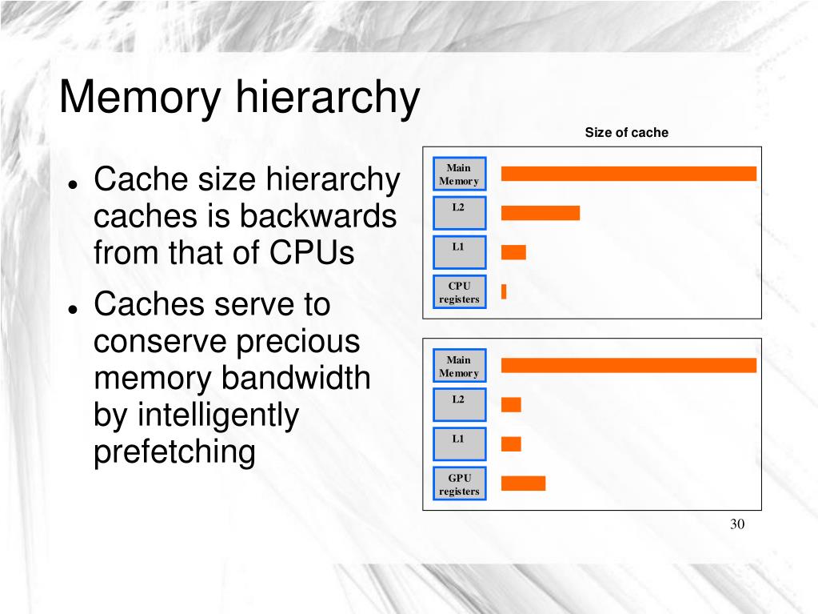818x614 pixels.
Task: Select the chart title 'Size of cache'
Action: [626, 133]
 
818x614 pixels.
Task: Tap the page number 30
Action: [736, 524]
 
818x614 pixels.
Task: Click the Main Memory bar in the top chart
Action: [628, 174]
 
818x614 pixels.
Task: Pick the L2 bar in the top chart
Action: [540, 213]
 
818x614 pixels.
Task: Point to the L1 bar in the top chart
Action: [513, 252]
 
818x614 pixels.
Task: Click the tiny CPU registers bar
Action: [504, 291]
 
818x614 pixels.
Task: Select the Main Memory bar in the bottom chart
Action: [628, 366]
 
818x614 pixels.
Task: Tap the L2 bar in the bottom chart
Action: [511, 405]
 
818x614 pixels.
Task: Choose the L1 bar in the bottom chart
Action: [511, 443]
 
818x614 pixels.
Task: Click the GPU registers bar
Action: [523, 483]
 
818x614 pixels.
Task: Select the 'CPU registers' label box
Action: [459, 292]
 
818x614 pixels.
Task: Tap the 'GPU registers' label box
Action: [459, 484]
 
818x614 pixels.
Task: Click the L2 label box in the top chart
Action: [459, 213]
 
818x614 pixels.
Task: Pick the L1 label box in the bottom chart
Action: [459, 444]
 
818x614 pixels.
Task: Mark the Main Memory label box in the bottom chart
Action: [459, 367]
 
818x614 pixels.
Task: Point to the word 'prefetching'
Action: [174, 452]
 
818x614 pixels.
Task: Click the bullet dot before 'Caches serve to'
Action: [73, 308]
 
